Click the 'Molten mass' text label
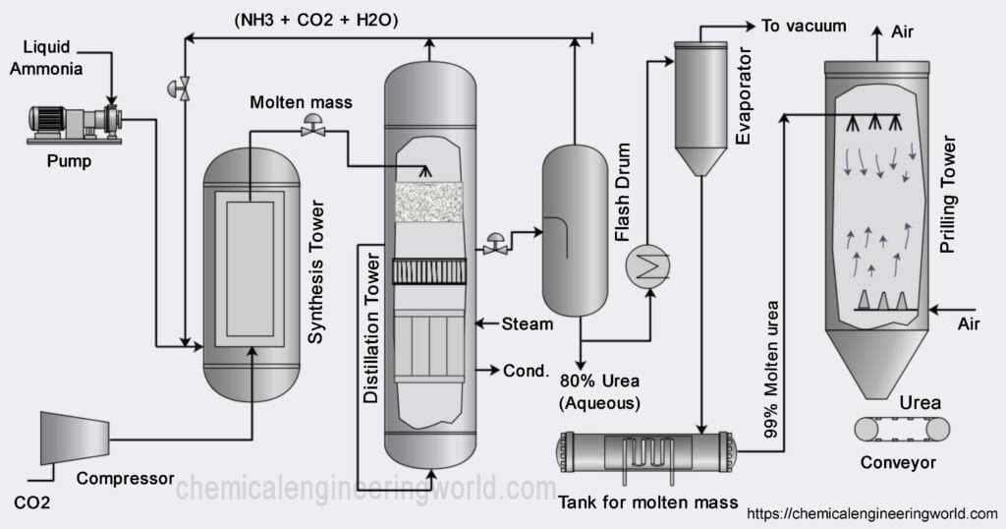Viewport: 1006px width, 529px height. tap(301, 102)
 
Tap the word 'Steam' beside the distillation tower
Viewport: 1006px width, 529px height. tap(528, 323)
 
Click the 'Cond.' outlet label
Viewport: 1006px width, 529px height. tap(525, 371)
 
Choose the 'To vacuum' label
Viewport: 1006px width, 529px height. tap(804, 26)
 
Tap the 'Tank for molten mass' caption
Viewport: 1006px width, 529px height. tap(647, 503)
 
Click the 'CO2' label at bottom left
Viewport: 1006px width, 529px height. tap(33, 502)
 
